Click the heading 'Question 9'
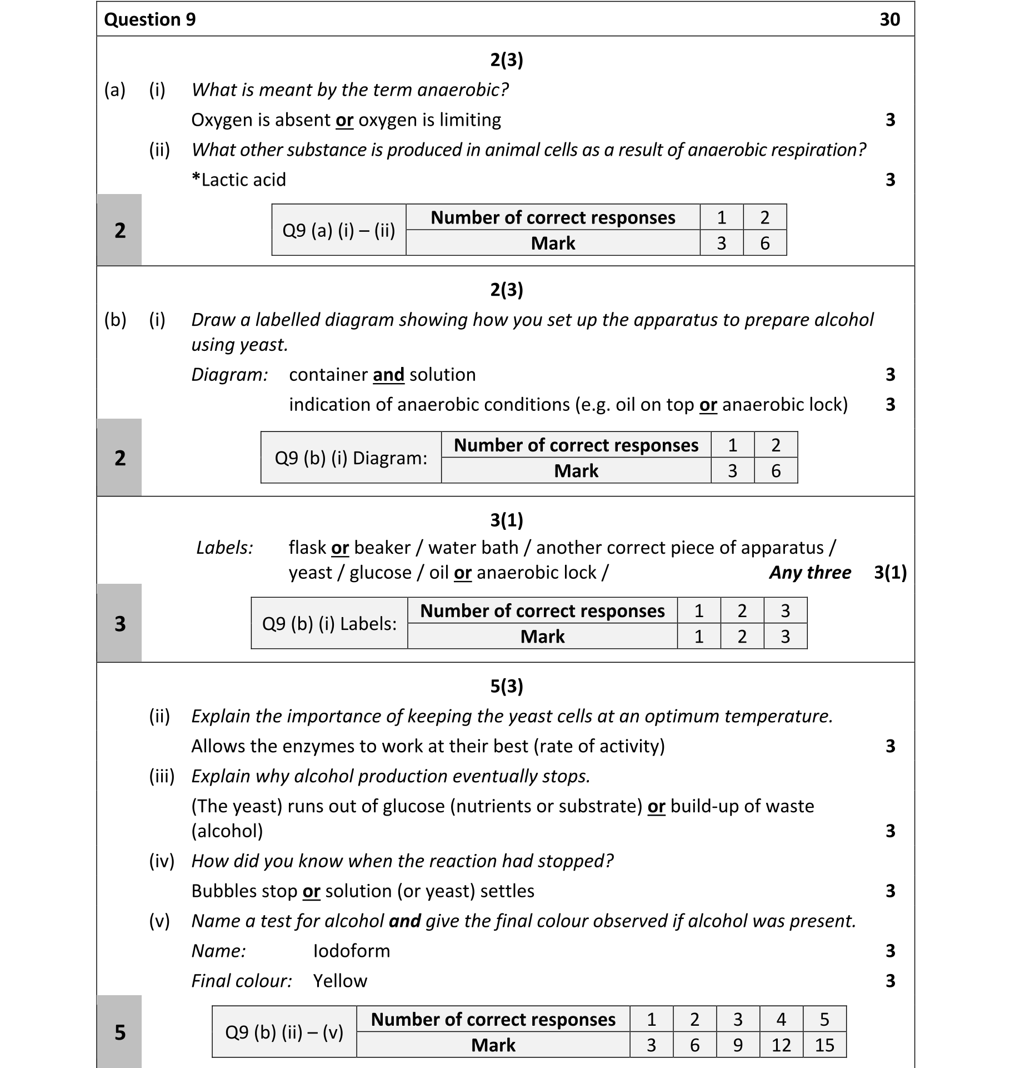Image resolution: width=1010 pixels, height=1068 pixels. [x=149, y=19]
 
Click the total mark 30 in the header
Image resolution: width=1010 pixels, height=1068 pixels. [x=889, y=19]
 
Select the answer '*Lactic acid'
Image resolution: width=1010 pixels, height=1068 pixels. [x=238, y=180]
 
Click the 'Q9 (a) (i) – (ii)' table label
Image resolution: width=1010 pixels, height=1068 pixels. [x=338, y=230]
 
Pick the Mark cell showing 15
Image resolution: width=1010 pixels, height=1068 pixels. [x=824, y=1045]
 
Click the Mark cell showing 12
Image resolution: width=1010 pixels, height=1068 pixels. [x=781, y=1045]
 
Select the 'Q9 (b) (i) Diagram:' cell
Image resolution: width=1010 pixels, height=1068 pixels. [x=351, y=458]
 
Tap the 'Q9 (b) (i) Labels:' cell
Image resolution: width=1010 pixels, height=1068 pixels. [x=329, y=623]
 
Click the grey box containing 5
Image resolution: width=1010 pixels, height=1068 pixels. [x=119, y=1032]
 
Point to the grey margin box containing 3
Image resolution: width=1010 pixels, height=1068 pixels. [x=119, y=623]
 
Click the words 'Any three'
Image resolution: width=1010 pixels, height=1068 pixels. [x=809, y=572]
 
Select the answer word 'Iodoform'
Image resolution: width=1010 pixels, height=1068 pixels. [x=351, y=951]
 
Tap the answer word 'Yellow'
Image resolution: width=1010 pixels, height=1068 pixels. [x=339, y=981]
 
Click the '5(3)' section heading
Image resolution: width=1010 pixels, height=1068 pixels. [x=506, y=685]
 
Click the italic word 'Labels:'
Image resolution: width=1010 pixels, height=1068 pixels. [x=224, y=548]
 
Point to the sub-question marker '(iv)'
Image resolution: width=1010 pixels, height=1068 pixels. [x=161, y=861]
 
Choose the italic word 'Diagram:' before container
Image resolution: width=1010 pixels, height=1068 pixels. [x=229, y=375]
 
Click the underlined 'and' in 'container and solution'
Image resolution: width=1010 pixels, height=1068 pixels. [x=388, y=375]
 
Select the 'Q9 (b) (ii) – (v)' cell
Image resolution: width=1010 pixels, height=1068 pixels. [x=284, y=1032]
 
